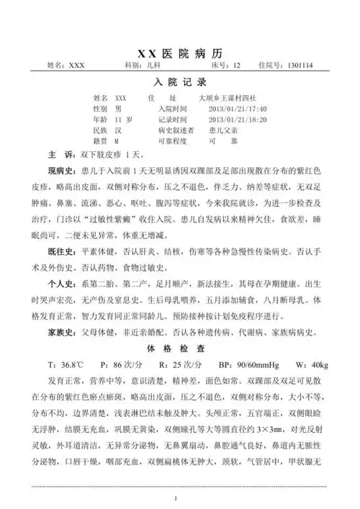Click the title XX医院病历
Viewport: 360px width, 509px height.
pyautogui.click(x=180, y=53)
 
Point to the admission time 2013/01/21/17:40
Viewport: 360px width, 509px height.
pyautogui.click(x=237, y=107)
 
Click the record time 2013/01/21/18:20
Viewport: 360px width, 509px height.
pyautogui.click(x=237, y=120)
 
